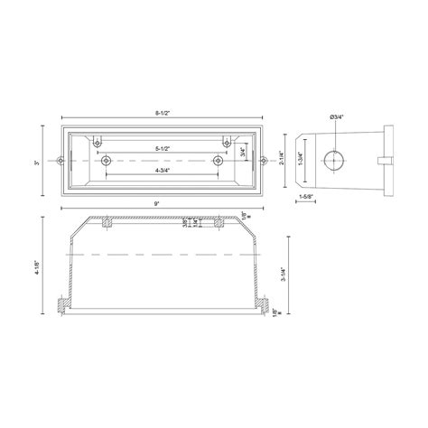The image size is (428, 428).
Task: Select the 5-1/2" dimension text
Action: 163,147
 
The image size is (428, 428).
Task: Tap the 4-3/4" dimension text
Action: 163,170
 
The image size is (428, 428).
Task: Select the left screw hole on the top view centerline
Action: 107,161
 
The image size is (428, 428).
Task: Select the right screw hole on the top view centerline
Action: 217,161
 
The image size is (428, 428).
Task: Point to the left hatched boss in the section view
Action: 107,222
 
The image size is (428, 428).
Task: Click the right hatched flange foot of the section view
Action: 265,306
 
